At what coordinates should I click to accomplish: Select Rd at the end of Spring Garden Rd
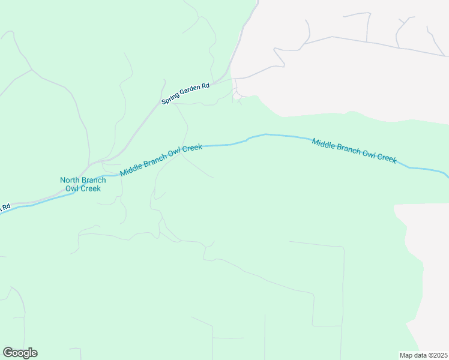[205, 85]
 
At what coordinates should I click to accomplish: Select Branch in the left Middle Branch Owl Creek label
[155, 159]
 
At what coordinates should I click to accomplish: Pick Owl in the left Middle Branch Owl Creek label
[175, 152]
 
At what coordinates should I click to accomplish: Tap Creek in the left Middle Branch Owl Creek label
[192, 148]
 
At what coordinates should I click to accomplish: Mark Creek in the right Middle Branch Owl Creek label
[387, 158]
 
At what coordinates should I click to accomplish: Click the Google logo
[20, 353]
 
